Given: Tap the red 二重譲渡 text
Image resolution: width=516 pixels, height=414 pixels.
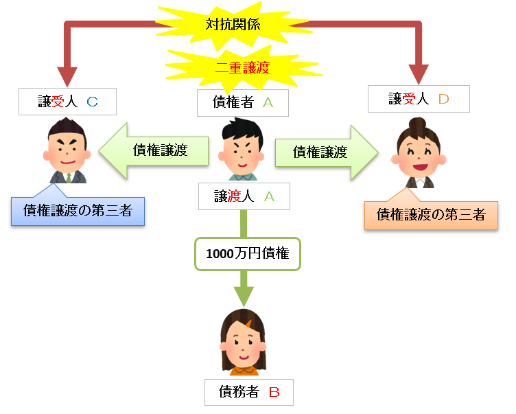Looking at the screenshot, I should pos(242,67).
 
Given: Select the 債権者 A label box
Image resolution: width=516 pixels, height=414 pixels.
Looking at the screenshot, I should pos(242,103).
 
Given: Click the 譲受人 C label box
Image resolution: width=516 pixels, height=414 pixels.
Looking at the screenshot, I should pos(67,102).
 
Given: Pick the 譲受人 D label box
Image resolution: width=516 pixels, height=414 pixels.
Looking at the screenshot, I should pos(419,99).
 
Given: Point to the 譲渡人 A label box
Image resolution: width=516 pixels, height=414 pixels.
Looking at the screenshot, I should pos(244,196).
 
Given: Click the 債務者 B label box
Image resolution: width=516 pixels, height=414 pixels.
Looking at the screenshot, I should pos(248,392).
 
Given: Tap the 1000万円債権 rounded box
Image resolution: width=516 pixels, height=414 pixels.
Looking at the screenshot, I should pos(248,253).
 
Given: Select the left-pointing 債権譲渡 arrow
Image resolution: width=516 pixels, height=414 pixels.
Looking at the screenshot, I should pos(154,151).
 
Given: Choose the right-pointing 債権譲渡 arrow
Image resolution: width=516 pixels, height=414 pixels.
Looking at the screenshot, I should pos(326,152).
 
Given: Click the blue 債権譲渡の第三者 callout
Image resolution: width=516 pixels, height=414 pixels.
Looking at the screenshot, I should pos(78,211).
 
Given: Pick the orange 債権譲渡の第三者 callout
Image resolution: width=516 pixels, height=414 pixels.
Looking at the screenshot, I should pos(431,215).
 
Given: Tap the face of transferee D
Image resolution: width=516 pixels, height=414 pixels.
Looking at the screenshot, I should pos(418,157).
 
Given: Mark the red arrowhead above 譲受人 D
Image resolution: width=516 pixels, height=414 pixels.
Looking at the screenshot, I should pos(419,73).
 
